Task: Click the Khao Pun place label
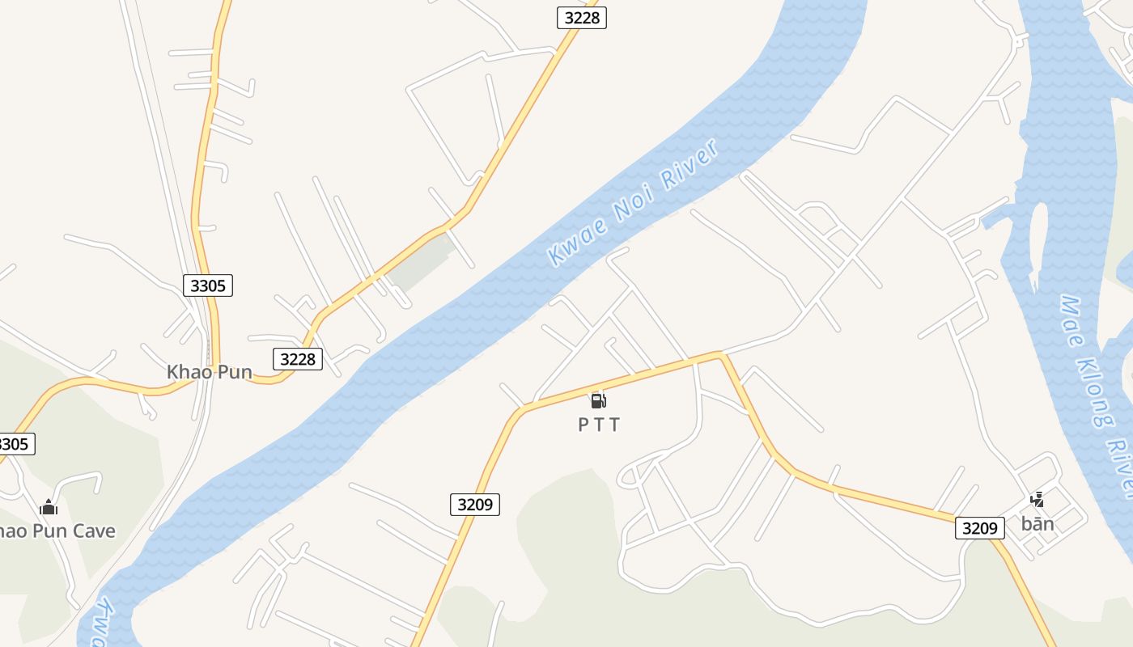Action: tap(209, 372)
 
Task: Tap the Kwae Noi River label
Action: tap(633, 203)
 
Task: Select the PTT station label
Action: tap(599, 425)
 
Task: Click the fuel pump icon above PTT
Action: tap(598, 400)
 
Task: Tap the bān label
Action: tap(1038, 524)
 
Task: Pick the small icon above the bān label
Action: tap(1037, 501)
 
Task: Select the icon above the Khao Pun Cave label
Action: tap(49, 507)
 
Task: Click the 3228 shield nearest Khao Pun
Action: tap(298, 358)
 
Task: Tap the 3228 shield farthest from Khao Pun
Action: tap(581, 17)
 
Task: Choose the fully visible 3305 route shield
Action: tap(208, 285)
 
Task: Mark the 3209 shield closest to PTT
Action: tap(474, 505)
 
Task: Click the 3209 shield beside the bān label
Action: tap(979, 528)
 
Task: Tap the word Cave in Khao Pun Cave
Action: tap(95, 531)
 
